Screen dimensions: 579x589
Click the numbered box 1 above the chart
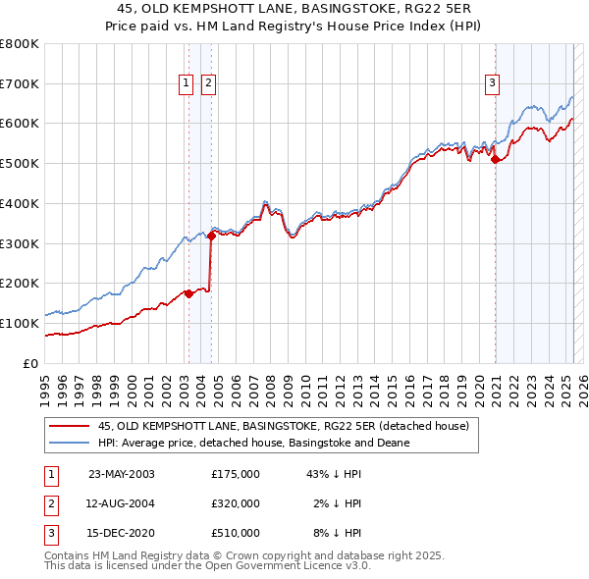pos(187,84)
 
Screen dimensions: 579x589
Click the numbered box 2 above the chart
pos(209,84)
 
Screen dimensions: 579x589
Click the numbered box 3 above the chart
pos(491,84)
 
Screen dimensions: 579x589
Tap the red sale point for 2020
pos(496,160)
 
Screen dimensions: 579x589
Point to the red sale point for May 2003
pos(188,293)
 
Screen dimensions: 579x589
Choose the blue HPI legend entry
pos(253,444)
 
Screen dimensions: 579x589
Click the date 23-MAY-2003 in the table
pos(122,474)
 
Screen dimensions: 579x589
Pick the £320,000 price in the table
pos(236,503)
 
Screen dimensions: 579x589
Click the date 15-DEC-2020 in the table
pos(122,534)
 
